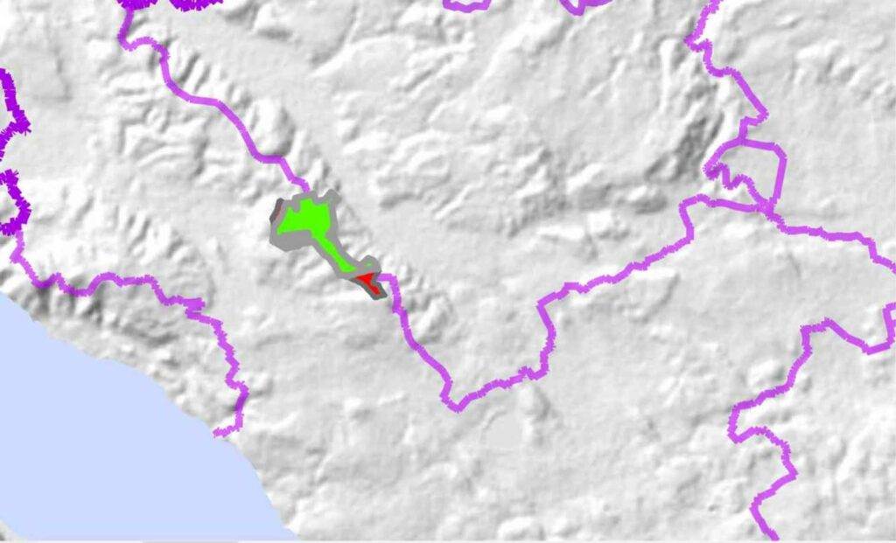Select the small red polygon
pyautogui.click(x=364, y=280)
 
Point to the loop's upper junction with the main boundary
pyautogui.click(x=744, y=140)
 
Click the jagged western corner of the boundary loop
pyautogui.click(x=709, y=168)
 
